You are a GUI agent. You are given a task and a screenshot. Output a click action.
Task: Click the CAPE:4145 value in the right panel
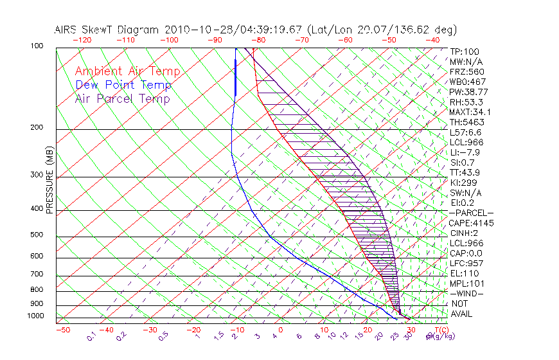tap(472, 223)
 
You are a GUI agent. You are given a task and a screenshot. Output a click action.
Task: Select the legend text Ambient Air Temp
tap(127, 71)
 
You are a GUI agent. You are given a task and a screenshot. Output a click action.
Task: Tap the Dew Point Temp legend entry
tap(123, 85)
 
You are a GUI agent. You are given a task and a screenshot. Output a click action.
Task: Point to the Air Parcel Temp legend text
tap(123, 98)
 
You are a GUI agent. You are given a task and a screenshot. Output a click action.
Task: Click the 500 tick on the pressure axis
tap(37, 236)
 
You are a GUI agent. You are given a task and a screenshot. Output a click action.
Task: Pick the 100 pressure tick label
tap(37, 46)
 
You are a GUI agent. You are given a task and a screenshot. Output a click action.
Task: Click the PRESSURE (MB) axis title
tap(49, 181)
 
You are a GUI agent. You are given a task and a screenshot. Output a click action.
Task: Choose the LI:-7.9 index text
tap(465, 152)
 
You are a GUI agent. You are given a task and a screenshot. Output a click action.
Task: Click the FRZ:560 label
tap(467, 71)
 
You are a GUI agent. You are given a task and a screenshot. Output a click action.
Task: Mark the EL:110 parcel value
tap(464, 273)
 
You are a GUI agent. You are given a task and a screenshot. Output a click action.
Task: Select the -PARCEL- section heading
tap(471, 213)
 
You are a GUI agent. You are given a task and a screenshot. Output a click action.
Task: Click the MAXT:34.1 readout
tap(471, 112)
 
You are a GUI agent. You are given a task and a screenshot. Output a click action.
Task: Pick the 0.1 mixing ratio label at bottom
tap(92, 336)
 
